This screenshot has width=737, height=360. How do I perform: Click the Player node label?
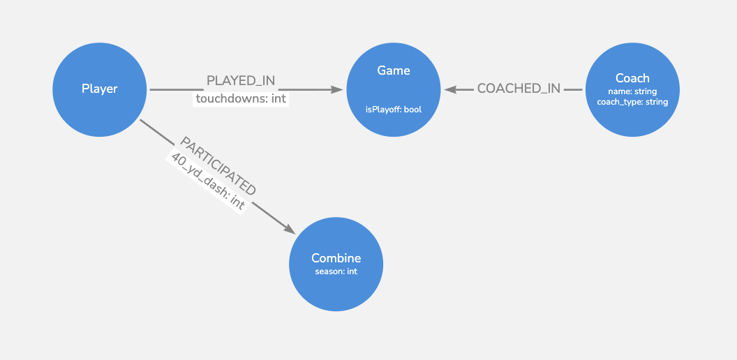click(100, 89)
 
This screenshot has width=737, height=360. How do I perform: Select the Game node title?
click(394, 70)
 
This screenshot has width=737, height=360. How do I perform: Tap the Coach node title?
click(632, 78)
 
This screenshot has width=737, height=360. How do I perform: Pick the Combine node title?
click(336, 258)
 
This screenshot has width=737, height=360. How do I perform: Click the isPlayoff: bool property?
click(394, 110)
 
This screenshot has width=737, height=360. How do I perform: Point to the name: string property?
click(632, 91)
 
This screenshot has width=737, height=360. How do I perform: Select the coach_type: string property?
click(632, 102)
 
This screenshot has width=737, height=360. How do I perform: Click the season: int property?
click(336, 271)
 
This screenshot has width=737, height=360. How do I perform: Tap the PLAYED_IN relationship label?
click(241, 81)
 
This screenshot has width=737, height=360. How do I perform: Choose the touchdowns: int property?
click(241, 98)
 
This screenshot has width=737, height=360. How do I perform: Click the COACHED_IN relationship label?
click(519, 89)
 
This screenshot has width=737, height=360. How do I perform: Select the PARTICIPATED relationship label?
click(218, 166)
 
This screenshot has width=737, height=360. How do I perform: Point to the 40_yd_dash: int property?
click(207, 181)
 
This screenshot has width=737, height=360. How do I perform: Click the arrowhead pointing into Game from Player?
click(339, 89)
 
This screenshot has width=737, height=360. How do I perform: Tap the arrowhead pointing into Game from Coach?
click(449, 89)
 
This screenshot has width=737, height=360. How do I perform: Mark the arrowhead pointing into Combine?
click(290, 230)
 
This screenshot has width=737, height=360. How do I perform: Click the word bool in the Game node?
click(412, 110)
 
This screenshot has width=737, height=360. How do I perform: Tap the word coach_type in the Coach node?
click(617, 102)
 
